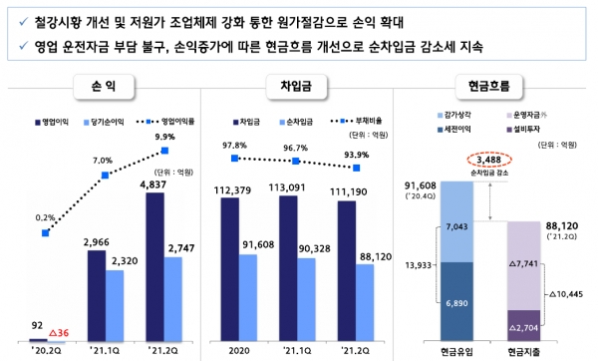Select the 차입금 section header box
tap(294, 88)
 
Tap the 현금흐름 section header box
tap(488, 88)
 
